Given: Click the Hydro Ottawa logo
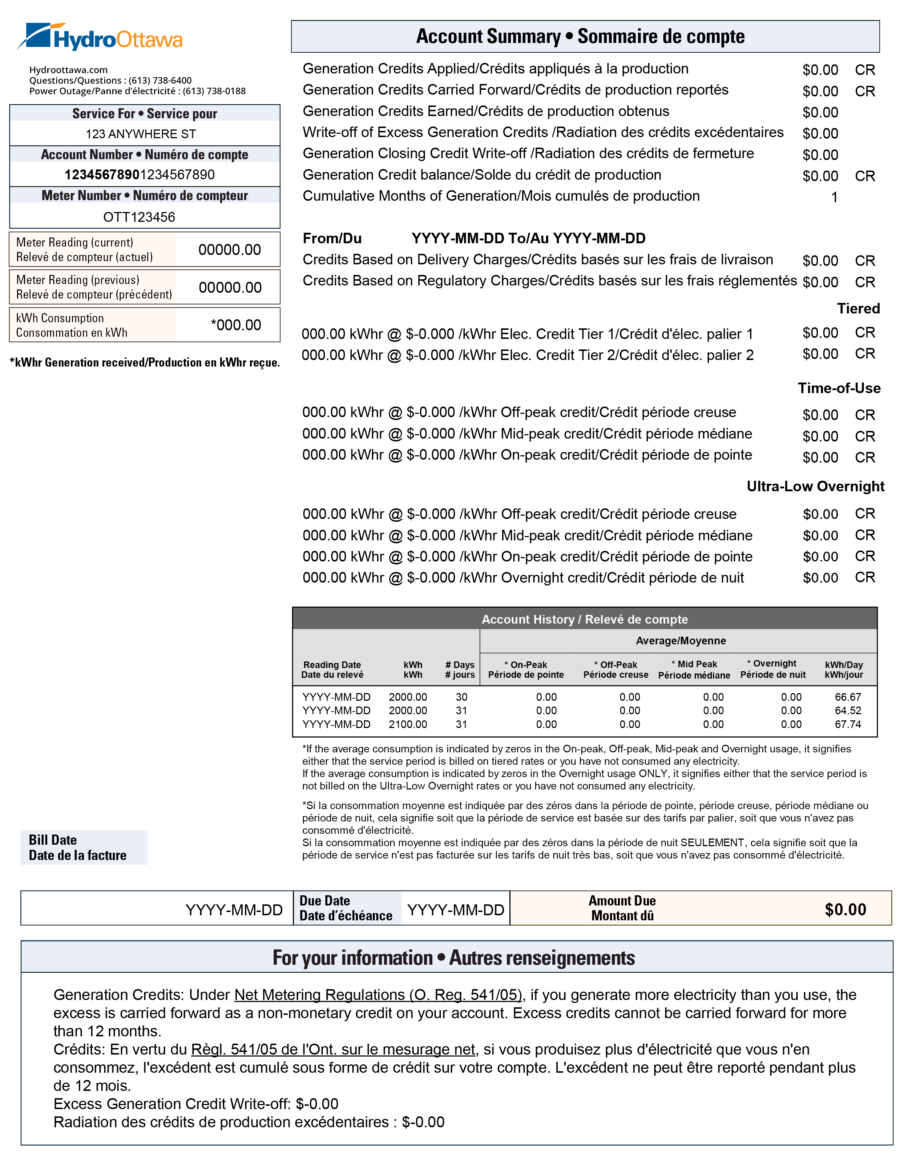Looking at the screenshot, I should (x=100, y=37).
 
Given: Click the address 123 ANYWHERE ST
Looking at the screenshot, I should (x=141, y=134).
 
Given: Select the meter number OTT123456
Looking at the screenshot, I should (x=139, y=217).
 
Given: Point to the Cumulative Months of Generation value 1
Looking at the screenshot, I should (x=834, y=197).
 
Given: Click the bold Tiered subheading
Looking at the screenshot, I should (x=858, y=309).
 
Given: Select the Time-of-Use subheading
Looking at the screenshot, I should (x=839, y=388).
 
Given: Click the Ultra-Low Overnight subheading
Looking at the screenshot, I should (x=815, y=487).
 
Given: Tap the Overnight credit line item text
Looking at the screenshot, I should (x=523, y=577).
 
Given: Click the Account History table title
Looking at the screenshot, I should (x=585, y=619).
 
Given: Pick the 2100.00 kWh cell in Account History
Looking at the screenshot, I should (x=408, y=724).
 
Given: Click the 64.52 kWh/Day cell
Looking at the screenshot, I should (x=848, y=711).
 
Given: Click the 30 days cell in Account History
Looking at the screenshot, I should (x=461, y=697).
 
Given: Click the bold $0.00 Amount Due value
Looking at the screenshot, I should (x=845, y=909).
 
